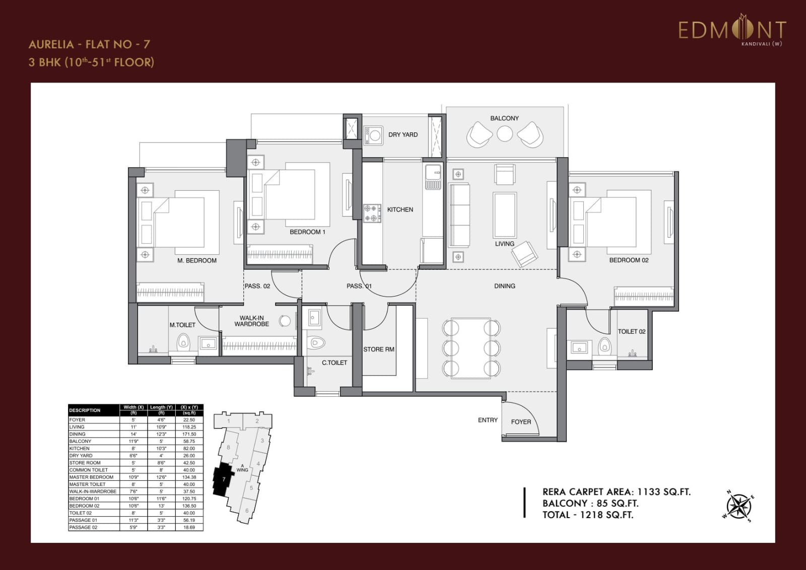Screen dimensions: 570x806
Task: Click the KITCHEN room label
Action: point(400,209)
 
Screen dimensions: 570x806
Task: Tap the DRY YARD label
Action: point(402,134)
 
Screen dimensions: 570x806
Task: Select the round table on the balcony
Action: point(504,133)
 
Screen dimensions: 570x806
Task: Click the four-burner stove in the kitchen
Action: point(372,213)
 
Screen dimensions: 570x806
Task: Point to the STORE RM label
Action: point(379,349)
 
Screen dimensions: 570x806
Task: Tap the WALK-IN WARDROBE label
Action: point(251,321)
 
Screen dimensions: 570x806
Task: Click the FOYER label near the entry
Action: point(521,422)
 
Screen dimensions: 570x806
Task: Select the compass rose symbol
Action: point(738,506)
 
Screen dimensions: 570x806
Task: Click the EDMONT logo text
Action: point(731,30)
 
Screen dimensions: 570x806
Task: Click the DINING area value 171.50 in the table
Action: point(189,434)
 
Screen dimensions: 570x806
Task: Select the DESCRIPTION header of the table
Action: point(85,410)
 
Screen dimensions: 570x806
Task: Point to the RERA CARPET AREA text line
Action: point(616,492)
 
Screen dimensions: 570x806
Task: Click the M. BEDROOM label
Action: point(196,260)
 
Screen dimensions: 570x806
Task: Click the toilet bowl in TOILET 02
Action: point(604,346)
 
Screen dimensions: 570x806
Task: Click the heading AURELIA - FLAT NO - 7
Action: point(89,44)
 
